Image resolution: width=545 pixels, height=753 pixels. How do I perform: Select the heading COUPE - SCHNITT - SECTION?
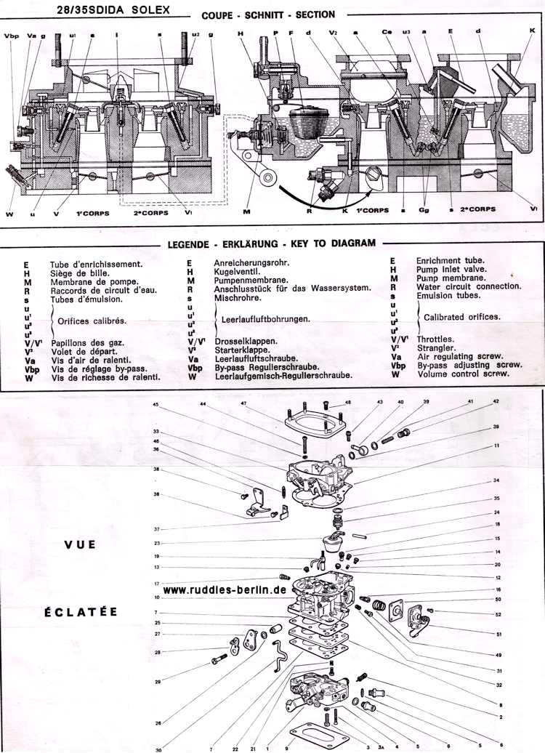tap(268, 15)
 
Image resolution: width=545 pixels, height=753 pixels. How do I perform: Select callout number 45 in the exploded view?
tap(155, 405)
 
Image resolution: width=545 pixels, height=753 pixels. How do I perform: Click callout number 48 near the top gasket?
tap(347, 402)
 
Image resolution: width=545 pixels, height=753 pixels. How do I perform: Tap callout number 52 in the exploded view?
tap(498, 615)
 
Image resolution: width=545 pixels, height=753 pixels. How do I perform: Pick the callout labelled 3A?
tap(379, 747)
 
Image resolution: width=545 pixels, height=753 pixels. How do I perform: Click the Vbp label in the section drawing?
tap(12, 35)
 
